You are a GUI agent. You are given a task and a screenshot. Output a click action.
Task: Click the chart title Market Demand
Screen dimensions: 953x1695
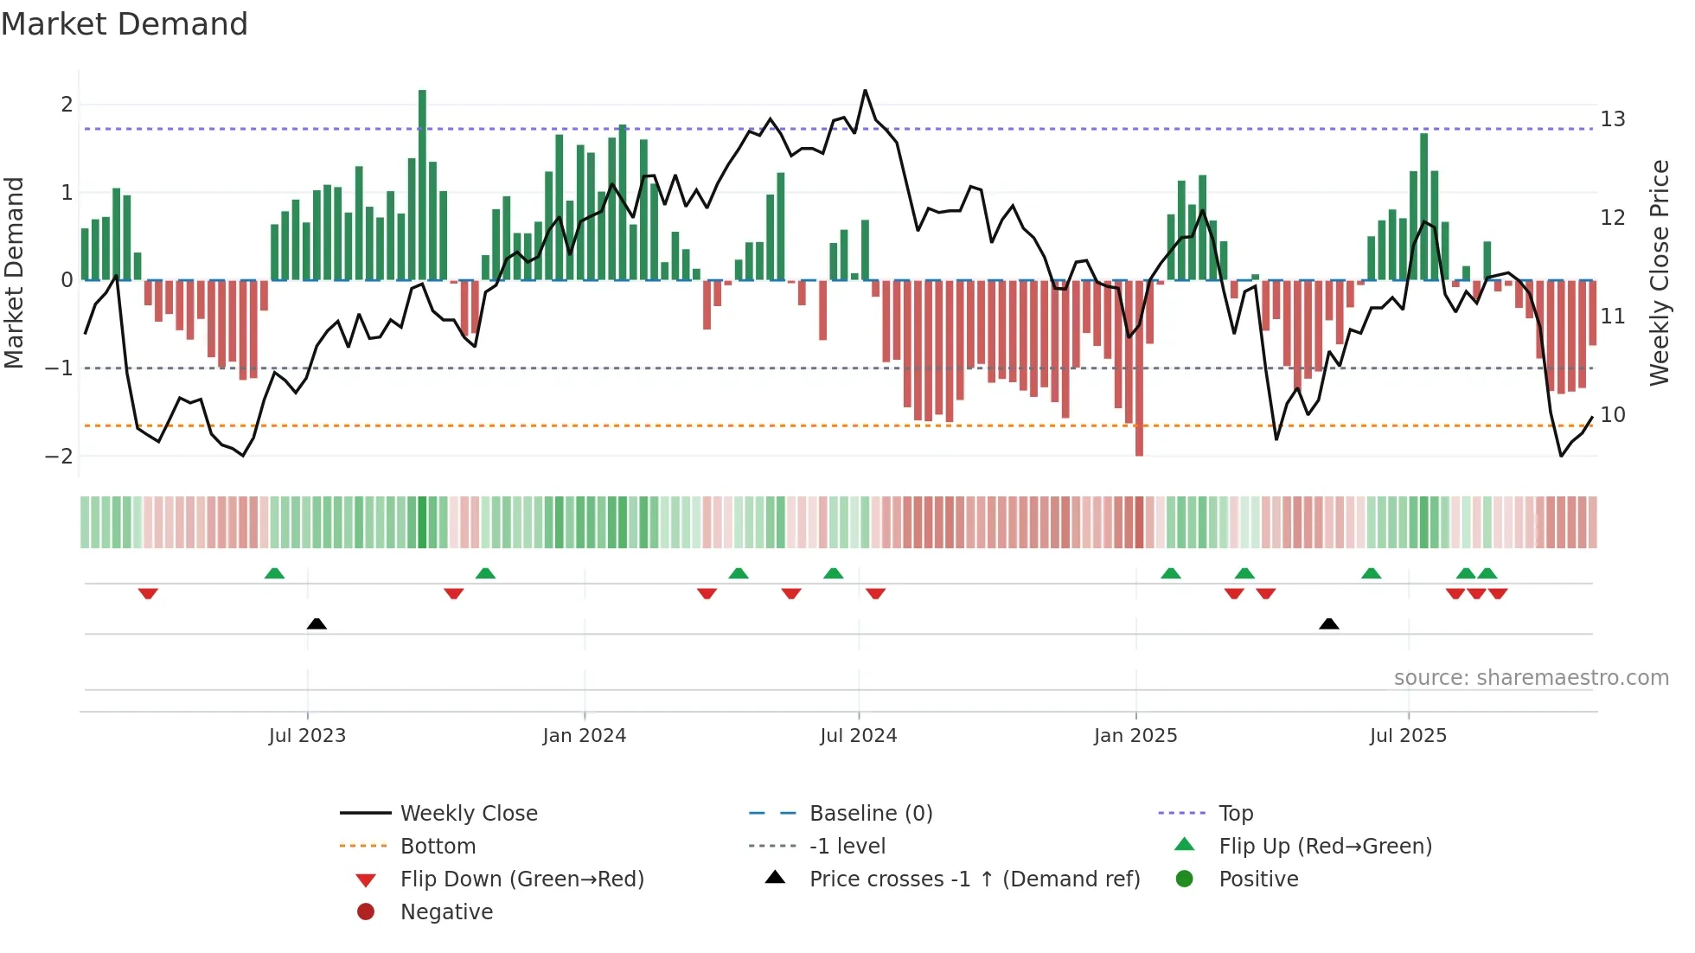(125, 24)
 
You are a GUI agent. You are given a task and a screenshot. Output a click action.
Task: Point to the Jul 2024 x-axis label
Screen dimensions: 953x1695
(858, 736)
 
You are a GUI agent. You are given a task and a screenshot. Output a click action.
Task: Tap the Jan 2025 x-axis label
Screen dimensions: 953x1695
(1135, 736)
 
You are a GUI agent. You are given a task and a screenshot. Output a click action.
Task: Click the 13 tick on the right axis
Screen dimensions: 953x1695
(1612, 119)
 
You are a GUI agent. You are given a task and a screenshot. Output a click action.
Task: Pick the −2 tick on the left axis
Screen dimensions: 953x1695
(60, 457)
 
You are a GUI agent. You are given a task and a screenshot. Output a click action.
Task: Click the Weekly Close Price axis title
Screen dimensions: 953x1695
(1659, 272)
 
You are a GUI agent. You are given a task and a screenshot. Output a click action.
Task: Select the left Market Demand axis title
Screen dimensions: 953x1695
(15, 272)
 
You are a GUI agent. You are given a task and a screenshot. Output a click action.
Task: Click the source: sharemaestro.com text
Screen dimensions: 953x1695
(1531, 678)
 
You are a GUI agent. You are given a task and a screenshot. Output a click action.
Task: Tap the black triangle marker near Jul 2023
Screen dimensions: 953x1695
(317, 624)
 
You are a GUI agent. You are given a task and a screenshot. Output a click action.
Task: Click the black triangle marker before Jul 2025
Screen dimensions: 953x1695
(1329, 624)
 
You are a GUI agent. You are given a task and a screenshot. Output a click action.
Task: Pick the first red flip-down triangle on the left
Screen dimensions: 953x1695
(148, 593)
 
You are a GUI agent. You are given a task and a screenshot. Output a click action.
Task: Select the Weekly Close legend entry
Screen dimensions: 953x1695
(468, 814)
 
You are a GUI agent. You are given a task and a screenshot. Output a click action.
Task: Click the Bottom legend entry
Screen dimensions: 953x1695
(438, 847)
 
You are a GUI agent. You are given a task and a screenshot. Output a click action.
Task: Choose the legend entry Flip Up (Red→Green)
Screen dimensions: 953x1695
(1325, 847)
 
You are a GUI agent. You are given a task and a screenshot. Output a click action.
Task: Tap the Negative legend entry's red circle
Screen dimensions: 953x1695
(366, 912)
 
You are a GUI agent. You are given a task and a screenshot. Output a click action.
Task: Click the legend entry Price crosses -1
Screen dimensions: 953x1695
(974, 879)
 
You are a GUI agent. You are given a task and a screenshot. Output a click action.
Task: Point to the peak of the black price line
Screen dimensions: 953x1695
(865, 91)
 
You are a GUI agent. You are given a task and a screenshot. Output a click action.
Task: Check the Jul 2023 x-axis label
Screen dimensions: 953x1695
(307, 736)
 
